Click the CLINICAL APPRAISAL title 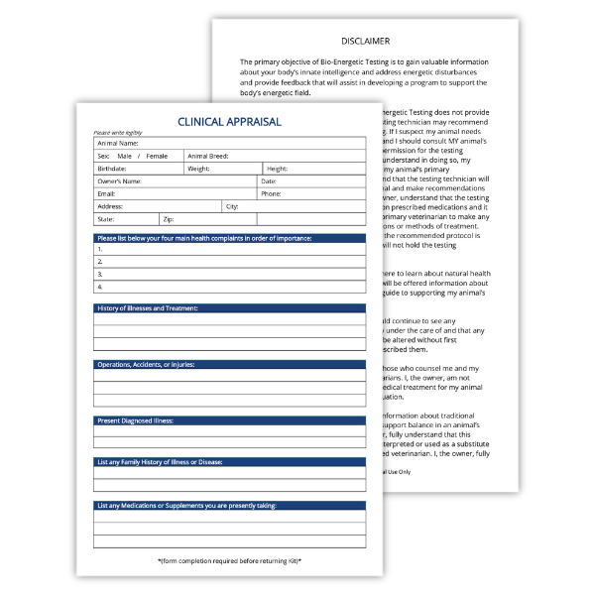pos(229,122)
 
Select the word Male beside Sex pos(124,157)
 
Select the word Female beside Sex pos(157,157)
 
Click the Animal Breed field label pos(208,157)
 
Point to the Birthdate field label pos(112,170)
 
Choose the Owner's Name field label pos(119,181)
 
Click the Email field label pos(106,194)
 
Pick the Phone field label pos(272,194)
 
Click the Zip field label pos(169,219)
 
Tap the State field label pos(106,219)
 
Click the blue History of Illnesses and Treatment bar pos(230,308)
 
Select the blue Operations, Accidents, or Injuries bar pos(230,365)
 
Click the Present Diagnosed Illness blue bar pos(230,420)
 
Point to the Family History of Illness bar pos(230,463)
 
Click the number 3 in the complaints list pos(100,274)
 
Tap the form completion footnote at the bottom pos(229,561)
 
